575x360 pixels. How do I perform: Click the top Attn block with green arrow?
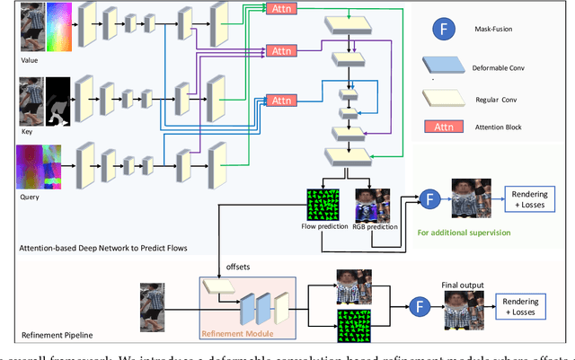click(x=279, y=8)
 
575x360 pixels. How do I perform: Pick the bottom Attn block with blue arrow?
click(x=279, y=101)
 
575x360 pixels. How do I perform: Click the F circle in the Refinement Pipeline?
click(x=416, y=305)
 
